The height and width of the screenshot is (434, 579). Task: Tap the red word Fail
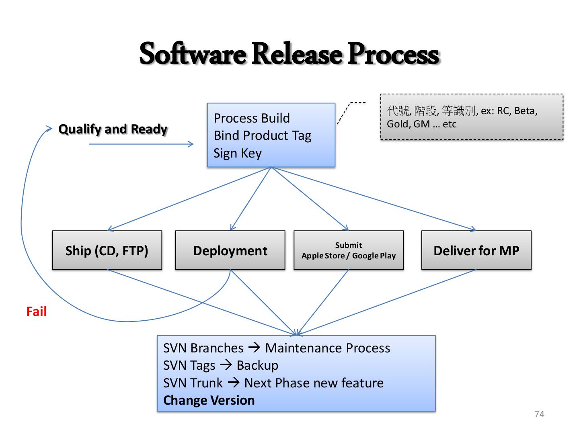click(x=36, y=311)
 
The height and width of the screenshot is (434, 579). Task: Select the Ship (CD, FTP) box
click(x=107, y=250)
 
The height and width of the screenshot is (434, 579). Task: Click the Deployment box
click(x=230, y=250)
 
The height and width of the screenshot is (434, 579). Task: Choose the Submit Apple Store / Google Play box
click(x=349, y=250)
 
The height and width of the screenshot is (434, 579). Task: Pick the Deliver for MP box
click(x=476, y=250)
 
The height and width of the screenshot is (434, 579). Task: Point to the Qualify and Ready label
click(x=113, y=129)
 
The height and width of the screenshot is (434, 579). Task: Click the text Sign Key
click(x=238, y=153)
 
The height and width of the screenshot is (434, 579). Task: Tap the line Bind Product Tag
click(x=262, y=135)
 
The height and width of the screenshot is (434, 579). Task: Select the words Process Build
click(x=252, y=118)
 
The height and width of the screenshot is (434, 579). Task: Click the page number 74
click(x=539, y=414)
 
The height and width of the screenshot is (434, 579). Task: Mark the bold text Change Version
click(x=209, y=400)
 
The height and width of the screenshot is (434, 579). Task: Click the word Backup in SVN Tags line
click(x=257, y=365)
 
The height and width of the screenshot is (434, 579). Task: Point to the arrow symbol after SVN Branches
click(x=254, y=347)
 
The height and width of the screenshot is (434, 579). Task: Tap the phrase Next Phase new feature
click(x=314, y=383)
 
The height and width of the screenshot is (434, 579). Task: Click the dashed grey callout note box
click(x=472, y=117)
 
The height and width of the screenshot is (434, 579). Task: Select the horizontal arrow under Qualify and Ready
click(x=141, y=144)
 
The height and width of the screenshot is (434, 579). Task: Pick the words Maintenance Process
click(x=328, y=348)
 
